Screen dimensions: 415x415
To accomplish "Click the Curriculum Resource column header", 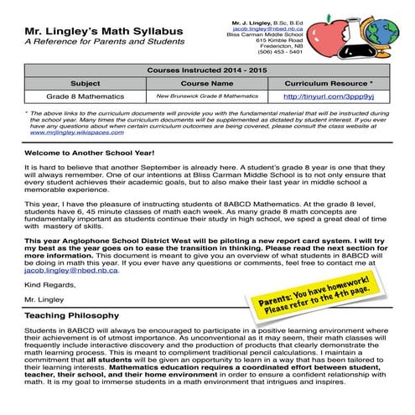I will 329,84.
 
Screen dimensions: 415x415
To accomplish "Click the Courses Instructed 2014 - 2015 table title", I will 207,71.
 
